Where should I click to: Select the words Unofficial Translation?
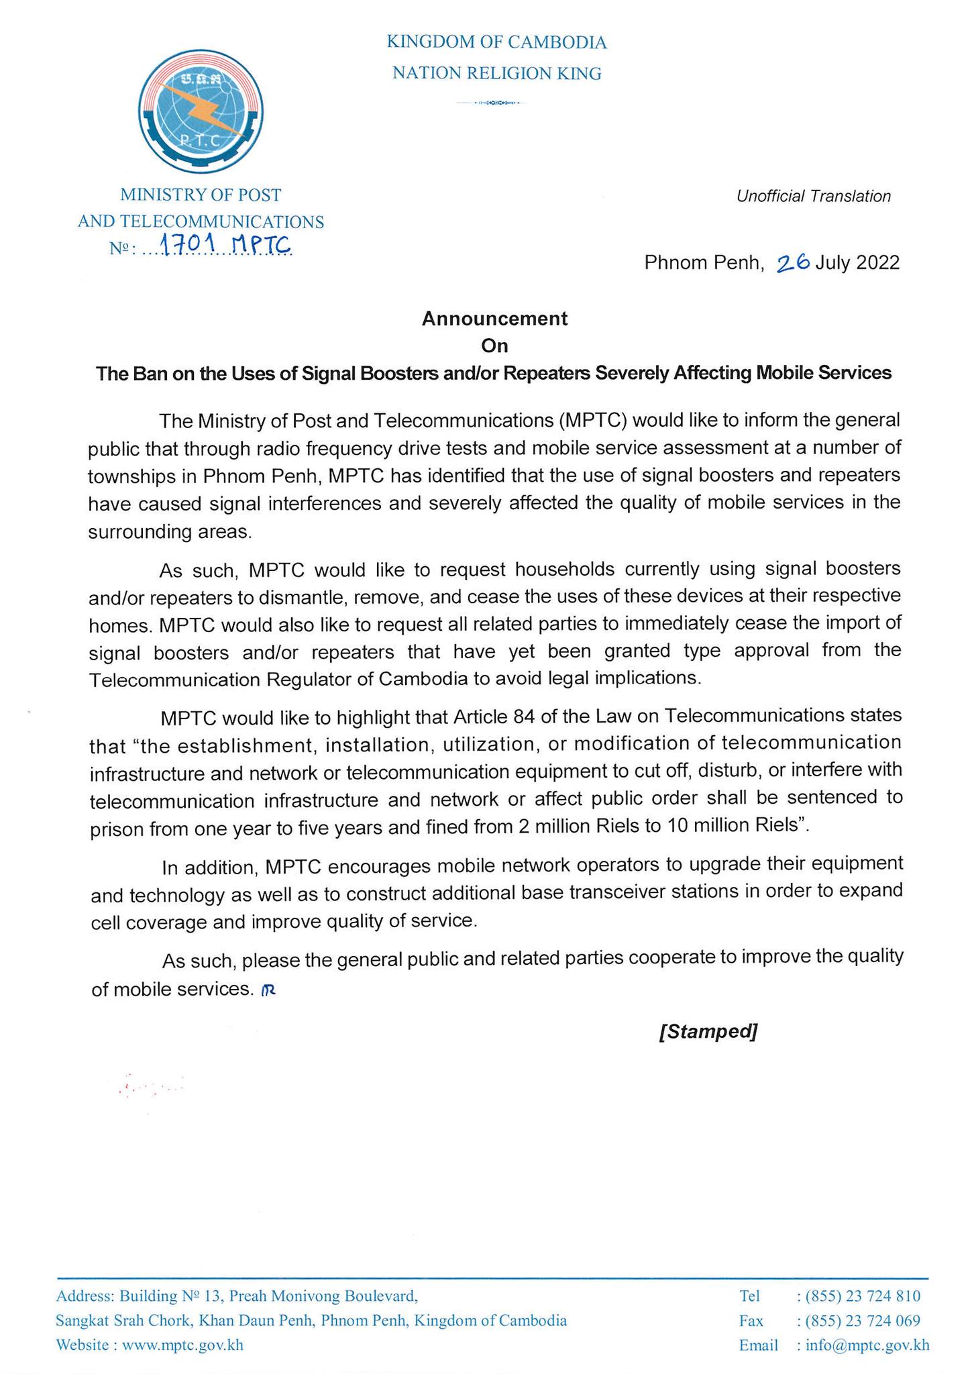tap(813, 196)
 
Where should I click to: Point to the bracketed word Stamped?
tap(708, 1030)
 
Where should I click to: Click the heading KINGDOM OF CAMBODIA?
tap(496, 43)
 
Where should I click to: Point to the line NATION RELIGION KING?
tap(496, 73)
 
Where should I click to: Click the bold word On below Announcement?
tap(494, 346)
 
